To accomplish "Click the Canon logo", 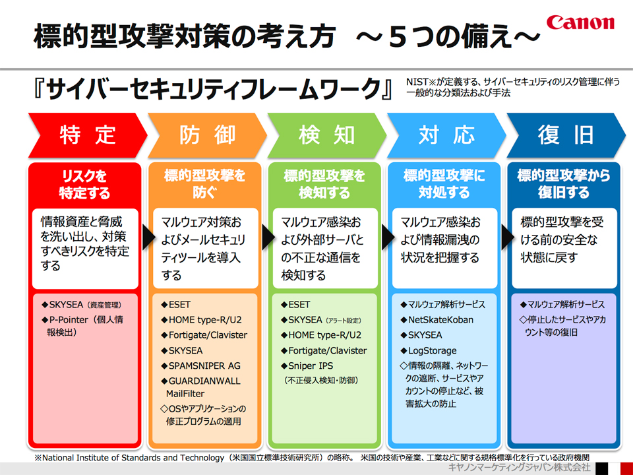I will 580,23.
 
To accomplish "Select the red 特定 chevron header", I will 87,135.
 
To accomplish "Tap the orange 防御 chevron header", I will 207,135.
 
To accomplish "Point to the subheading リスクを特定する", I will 84,185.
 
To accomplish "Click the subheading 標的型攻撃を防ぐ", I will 204,184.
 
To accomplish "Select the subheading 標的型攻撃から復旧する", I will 563,184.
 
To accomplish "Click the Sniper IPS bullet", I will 310,365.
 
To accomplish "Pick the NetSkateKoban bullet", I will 440,320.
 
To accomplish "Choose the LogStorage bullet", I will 432,350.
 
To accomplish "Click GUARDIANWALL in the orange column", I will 204,381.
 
